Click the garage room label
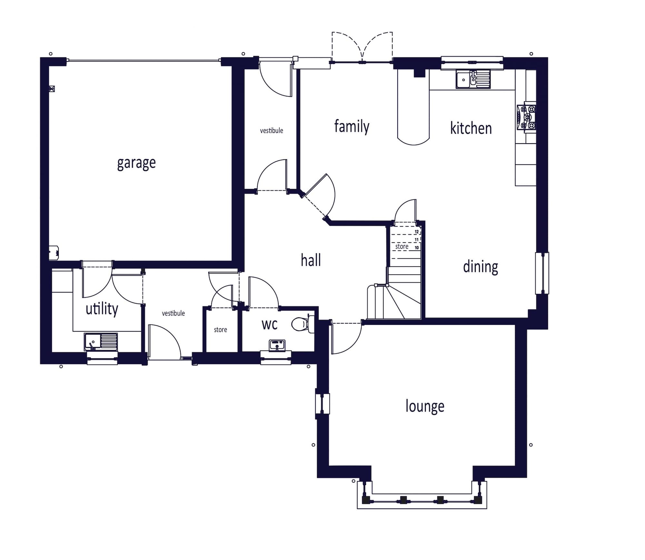136,163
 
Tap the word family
352,126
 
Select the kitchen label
471,128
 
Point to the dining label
481,267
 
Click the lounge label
425,406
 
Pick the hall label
311,260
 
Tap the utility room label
102,309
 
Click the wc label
270,325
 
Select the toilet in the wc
303,324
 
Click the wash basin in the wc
277,345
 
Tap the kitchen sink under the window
473,79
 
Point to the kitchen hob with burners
526,117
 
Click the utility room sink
101,342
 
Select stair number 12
417,232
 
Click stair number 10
417,248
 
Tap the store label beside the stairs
402,246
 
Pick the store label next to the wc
221,330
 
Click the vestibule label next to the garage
272,131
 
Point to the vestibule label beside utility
173,313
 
